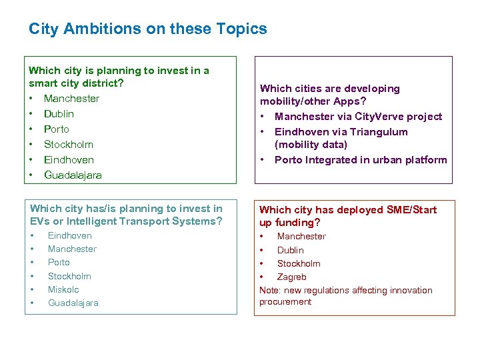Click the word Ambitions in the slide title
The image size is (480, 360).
pyautogui.click(x=85, y=29)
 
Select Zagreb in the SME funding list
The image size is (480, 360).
pyautogui.click(x=291, y=277)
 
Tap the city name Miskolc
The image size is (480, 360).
pyautogui.click(x=63, y=289)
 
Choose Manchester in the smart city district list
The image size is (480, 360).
pyautogui.click(x=71, y=99)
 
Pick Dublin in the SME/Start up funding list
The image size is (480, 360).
pyautogui.click(x=290, y=250)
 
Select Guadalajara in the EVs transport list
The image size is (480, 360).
pyautogui.click(x=73, y=303)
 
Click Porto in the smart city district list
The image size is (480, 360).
pyautogui.click(x=57, y=129)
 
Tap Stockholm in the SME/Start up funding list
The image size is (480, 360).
pyautogui.click(x=299, y=263)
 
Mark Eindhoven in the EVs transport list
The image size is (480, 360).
pyautogui.click(x=69, y=235)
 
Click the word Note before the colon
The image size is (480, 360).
pyautogui.click(x=269, y=290)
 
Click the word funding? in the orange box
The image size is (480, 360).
pyautogui.click(x=300, y=223)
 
